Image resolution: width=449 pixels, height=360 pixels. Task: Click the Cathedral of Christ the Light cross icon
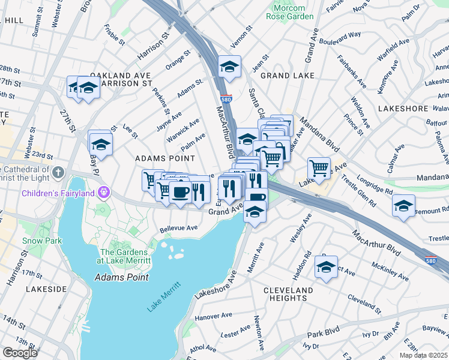click(58, 173)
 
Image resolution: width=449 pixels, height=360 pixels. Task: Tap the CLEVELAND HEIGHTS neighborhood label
click(288, 294)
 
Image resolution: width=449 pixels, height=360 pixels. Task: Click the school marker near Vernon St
click(229, 67)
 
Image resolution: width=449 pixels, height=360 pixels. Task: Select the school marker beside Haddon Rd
click(326, 268)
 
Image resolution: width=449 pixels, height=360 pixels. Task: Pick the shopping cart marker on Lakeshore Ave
click(319, 167)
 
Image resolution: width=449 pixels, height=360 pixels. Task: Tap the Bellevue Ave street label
click(179, 229)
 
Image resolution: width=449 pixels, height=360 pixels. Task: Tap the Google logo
click(20, 353)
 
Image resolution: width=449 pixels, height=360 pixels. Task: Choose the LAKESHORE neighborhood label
click(403, 109)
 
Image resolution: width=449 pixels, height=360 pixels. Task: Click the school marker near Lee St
click(101, 144)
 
